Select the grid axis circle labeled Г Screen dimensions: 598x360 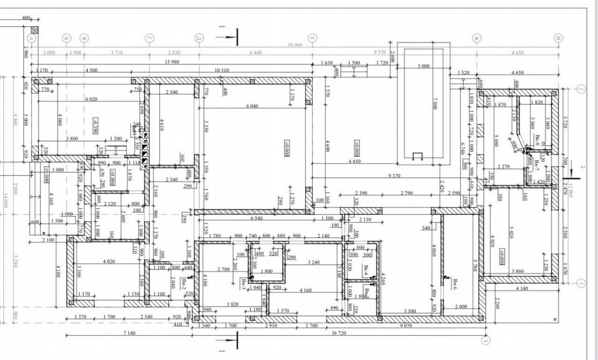tap(149, 38)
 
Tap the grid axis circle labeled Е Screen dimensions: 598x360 tap(312, 38)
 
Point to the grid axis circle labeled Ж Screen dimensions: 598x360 tap(477, 38)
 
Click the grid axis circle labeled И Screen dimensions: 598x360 tap(557, 38)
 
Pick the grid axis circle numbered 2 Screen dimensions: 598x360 tap(581, 89)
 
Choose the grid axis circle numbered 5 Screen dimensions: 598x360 tap(581, 283)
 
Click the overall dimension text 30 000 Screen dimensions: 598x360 tap(295, 45)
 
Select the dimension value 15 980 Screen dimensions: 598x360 tap(173, 62)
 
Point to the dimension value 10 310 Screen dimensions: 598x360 tap(221, 71)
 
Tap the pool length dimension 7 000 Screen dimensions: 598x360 tap(435, 104)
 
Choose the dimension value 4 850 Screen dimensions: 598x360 tap(355, 162)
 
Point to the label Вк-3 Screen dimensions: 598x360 tap(244, 285)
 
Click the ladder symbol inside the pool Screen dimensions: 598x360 tap(418, 156)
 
